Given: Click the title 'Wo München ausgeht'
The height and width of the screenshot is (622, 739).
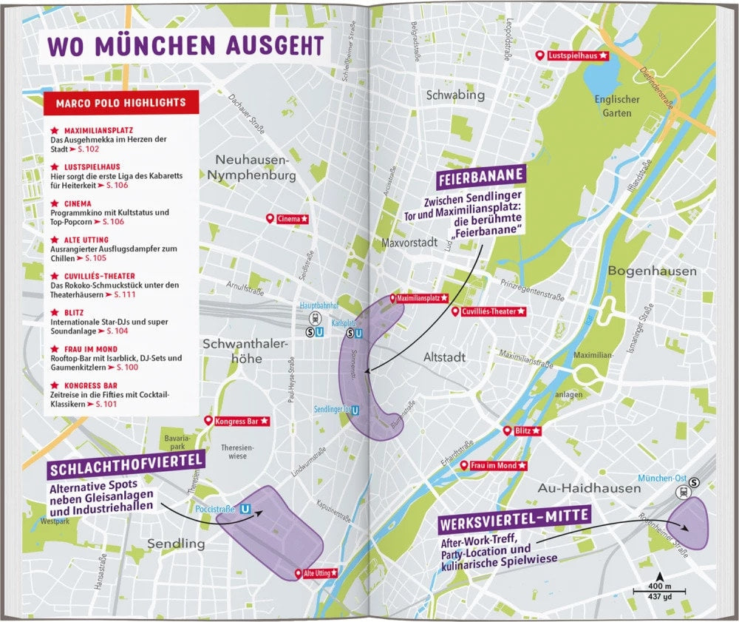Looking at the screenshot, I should pos(185,45).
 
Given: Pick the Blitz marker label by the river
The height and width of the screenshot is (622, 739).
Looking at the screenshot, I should pos(524,430).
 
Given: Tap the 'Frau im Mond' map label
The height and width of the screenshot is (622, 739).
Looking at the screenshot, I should pos(493,465).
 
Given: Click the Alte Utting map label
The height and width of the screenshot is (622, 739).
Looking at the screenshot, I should pos(318,572).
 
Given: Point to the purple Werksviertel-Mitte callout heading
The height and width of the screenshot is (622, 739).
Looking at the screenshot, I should pos(514,520).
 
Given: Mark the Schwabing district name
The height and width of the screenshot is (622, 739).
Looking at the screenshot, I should pos(455,95).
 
